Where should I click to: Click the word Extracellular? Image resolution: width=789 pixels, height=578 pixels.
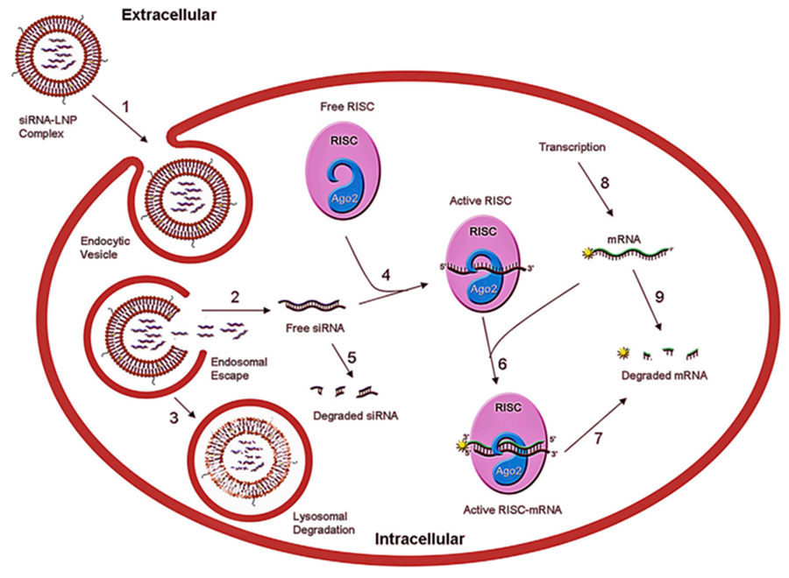pyautogui.click(x=169, y=14)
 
